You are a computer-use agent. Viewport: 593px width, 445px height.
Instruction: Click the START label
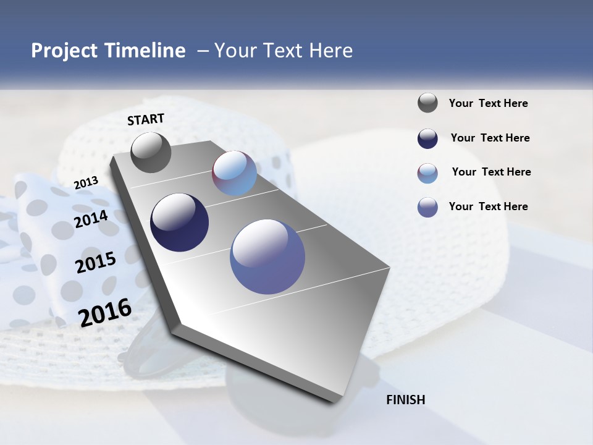pos(146,119)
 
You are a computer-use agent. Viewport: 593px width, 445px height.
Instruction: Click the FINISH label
pos(405,400)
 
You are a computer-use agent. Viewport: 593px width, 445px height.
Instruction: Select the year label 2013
pos(86,182)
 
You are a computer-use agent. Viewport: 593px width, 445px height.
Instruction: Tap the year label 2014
pos(91,219)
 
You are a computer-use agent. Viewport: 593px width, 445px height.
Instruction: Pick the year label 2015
pos(96,263)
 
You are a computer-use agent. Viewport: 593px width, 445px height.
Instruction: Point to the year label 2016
pos(105,312)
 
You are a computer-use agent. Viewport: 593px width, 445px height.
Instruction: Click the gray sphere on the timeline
pos(151,153)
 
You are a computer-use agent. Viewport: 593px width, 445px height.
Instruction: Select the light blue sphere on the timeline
pos(234,173)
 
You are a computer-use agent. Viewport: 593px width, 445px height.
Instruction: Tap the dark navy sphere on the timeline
pos(180,222)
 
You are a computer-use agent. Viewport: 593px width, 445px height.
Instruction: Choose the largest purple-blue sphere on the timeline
pos(267,256)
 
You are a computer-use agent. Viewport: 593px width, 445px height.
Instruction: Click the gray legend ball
pos(427,103)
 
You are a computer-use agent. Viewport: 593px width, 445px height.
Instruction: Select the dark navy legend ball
pos(427,138)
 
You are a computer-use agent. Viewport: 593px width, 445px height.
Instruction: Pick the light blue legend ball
pos(427,173)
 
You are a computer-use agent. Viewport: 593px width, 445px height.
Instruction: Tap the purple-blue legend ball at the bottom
pos(427,207)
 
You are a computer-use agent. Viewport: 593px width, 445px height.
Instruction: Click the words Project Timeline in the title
pos(108,51)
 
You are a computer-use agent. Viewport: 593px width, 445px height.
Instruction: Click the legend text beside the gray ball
pos(488,104)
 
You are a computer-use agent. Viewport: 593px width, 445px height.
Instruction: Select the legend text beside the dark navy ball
pos(490,138)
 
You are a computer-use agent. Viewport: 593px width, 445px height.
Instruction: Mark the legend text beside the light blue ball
pos(491,172)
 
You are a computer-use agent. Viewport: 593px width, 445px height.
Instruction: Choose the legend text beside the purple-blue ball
pos(488,206)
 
